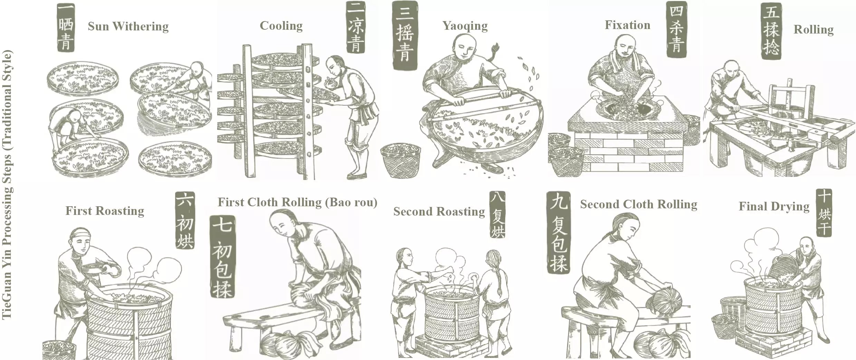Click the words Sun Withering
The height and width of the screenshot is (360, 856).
coord(128,27)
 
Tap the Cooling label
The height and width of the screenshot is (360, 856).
coord(281,26)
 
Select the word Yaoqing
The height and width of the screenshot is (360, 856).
coord(465,26)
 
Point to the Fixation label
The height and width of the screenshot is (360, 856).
coord(627,25)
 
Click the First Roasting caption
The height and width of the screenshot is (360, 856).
coord(105,211)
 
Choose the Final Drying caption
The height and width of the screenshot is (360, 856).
coord(774,207)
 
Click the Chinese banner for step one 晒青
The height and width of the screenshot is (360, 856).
coord(66,27)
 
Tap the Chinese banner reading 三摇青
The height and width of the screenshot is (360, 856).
coord(405,35)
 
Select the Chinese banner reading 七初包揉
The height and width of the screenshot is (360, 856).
coord(223,256)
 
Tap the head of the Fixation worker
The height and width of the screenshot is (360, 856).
coord(625,46)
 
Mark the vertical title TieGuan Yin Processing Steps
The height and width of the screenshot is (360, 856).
coord(7,184)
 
